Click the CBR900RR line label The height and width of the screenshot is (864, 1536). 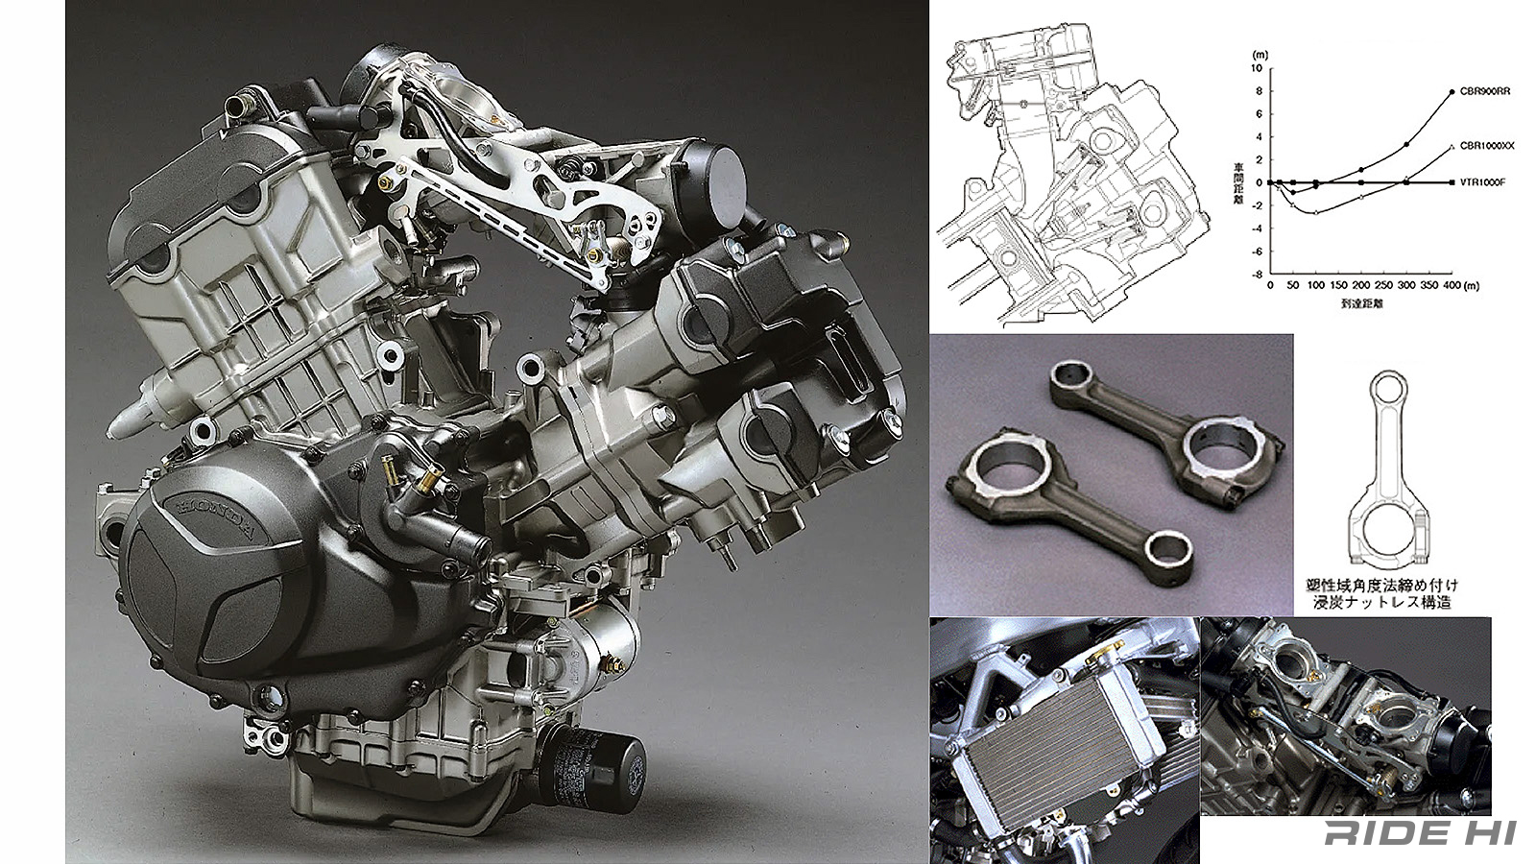1485,92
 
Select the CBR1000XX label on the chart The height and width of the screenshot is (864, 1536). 1487,146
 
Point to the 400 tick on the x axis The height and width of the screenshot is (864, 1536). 1452,286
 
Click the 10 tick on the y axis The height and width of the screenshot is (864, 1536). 1257,68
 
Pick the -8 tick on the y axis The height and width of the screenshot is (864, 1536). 1256,275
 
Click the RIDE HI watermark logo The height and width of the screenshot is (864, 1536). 1420,832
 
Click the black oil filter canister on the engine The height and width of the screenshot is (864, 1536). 590,768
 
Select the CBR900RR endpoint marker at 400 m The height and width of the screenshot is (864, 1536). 1452,92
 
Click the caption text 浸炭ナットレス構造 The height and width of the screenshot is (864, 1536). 1382,603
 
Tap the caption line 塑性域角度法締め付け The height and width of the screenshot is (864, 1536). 1382,585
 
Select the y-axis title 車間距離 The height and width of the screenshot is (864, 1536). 1239,182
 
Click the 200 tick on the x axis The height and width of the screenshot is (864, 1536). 1360,286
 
